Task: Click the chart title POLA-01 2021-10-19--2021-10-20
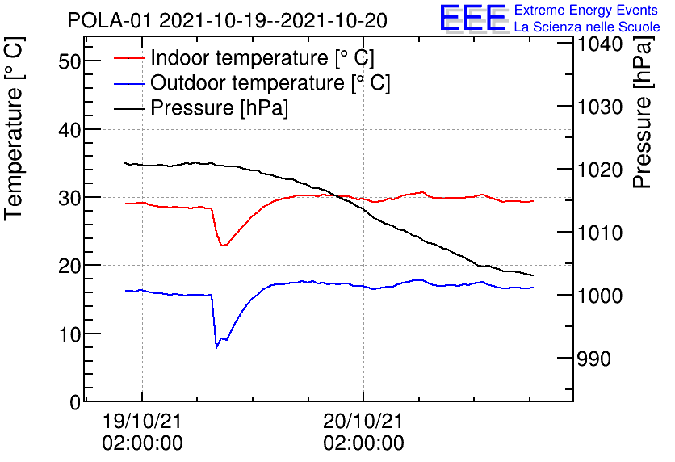pos(227,19)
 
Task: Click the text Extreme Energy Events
pos(586,10)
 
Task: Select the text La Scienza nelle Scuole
pos(586,27)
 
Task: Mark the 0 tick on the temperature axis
pos(75,402)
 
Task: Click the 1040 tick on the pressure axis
pos(598,44)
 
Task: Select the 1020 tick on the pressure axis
pos(598,170)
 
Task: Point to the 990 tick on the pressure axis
pos(593,359)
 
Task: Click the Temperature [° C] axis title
pos(15,153)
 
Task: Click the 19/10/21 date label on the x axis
pos(142,421)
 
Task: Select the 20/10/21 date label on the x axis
pos(363,421)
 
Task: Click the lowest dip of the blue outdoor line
pos(216,347)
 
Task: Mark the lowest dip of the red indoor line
pos(223,245)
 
